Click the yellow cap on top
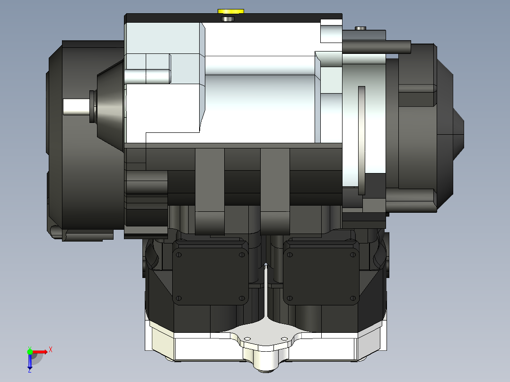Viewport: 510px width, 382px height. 230,11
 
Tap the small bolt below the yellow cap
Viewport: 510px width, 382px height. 228,19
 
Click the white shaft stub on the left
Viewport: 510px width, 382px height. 76,107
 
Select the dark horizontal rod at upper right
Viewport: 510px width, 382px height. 377,47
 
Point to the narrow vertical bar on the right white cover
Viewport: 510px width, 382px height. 361,140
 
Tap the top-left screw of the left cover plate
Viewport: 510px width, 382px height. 178,255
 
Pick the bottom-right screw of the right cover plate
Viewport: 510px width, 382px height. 353,298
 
